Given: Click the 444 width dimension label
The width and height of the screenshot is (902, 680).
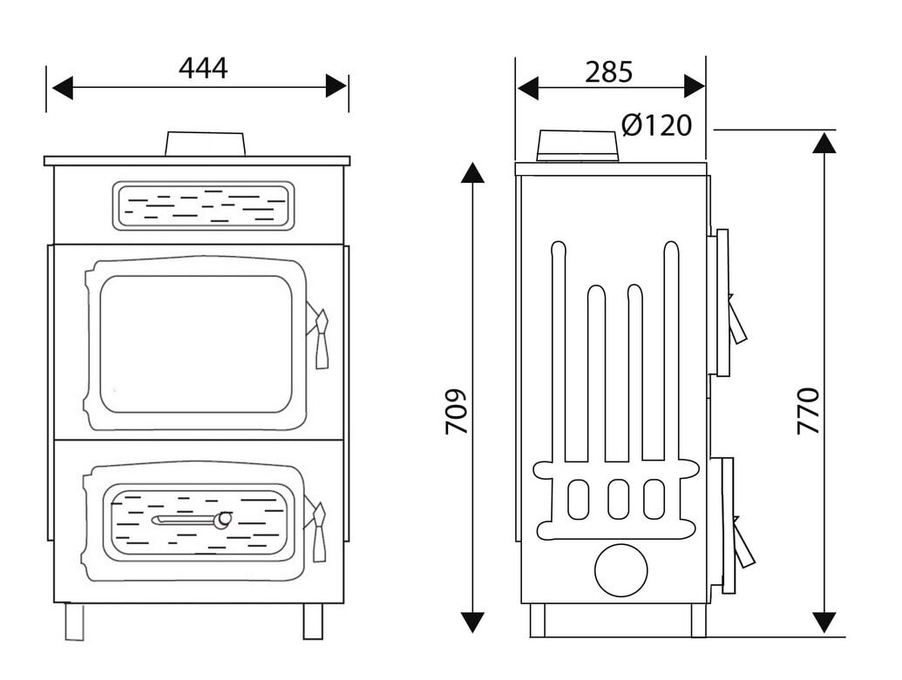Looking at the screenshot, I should (x=203, y=68).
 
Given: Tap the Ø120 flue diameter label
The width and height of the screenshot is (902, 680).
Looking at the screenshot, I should (x=657, y=125).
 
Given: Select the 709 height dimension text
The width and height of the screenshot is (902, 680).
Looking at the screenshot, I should (x=458, y=410).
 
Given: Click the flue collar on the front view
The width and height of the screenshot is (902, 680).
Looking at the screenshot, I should (x=204, y=144).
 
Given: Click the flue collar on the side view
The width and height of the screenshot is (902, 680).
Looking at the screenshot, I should (x=578, y=145).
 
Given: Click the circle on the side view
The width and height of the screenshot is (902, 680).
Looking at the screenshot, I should (x=621, y=570).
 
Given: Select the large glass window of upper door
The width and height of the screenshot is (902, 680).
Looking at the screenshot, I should (x=195, y=343).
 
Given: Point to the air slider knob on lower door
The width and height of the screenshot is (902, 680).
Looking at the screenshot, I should (x=224, y=521).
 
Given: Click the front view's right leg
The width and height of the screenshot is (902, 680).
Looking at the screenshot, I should (x=312, y=620).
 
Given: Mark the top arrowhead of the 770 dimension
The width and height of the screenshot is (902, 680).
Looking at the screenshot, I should (x=823, y=144).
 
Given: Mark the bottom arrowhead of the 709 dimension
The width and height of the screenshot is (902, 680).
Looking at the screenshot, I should (x=471, y=621).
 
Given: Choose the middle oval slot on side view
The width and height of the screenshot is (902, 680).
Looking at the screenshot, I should (x=619, y=497).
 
